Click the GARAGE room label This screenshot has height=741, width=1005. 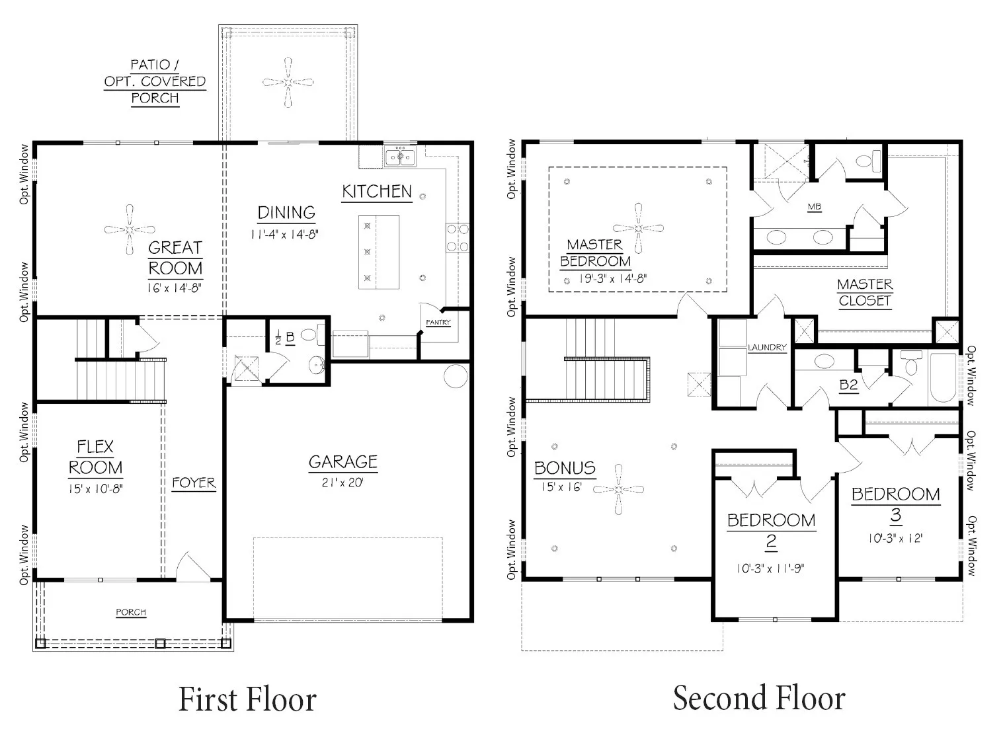pyautogui.click(x=343, y=461)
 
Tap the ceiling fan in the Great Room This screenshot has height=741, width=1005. pyautogui.click(x=130, y=229)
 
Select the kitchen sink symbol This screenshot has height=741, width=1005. pyautogui.click(x=400, y=156)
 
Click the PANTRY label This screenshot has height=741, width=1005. pyautogui.click(x=438, y=322)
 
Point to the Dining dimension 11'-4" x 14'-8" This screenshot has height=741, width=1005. pyautogui.click(x=284, y=234)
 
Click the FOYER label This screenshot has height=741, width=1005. pyautogui.click(x=194, y=483)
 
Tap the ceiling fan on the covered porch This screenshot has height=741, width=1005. pyautogui.click(x=288, y=82)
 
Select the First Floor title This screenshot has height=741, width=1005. pyautogui.click(x=248, y=699)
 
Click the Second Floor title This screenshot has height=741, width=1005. pyautogui.click(x=759, y=698)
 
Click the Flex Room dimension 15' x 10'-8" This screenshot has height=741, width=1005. pyautogui.click(x=96, y=489)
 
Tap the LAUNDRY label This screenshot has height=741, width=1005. pyautogui.click(x=767, y=347)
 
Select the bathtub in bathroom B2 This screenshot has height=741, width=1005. pyautogui.click(x=943, y=377)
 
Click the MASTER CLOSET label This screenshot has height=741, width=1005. pyautogui.click(x=865, y=292)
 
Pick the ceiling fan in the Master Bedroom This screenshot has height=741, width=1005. pyautogui.click(x=639, y=228)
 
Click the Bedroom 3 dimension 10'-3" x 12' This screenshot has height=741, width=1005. pyautogui.click(x=895, y=538)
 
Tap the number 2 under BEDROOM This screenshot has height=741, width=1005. pyautogui.click(x=771, y=541)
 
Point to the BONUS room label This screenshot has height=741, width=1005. pyautogui.click(x=565, y=468)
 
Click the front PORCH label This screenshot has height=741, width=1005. pyautogui.click(x=131, y=612)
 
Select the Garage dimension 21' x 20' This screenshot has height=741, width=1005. pyautogui.click(x=342, y=483)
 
